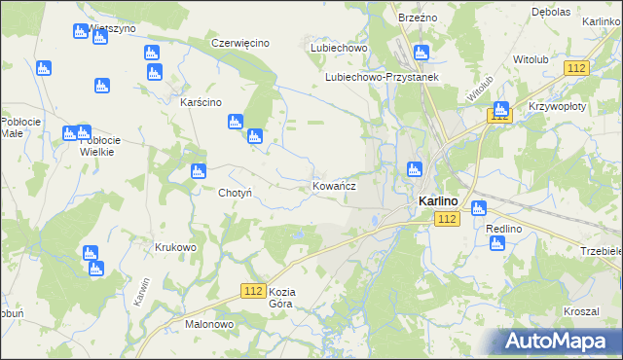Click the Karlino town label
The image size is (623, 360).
[438, 201]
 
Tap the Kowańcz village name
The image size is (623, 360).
[334, 185]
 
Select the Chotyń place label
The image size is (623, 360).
[236, 193]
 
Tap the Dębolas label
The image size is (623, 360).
[550, 13]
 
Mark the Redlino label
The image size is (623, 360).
[504, 228]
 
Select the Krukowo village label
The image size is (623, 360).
[175, 247]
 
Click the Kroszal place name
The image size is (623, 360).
[580, 311]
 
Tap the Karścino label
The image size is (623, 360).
[202, 102]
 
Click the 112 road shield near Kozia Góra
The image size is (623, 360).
[254, 291]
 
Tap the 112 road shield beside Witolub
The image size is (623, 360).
[577, 67]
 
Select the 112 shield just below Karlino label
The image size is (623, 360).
[447, 220]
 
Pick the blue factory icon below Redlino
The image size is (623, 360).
[497, 242]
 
